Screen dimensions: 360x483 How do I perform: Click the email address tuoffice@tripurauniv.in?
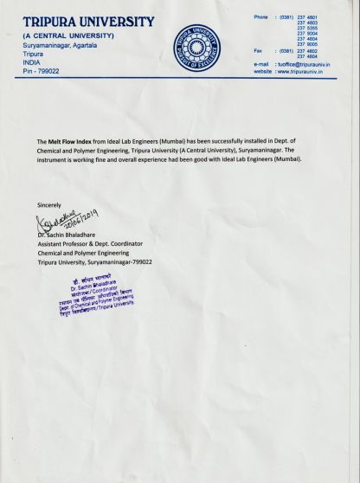coord(306,64)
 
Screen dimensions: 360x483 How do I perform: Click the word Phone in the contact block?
coord(260,17)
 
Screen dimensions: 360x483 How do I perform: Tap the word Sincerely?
coord(49,204)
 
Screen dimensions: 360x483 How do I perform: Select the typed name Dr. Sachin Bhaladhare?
coord(71,235)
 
